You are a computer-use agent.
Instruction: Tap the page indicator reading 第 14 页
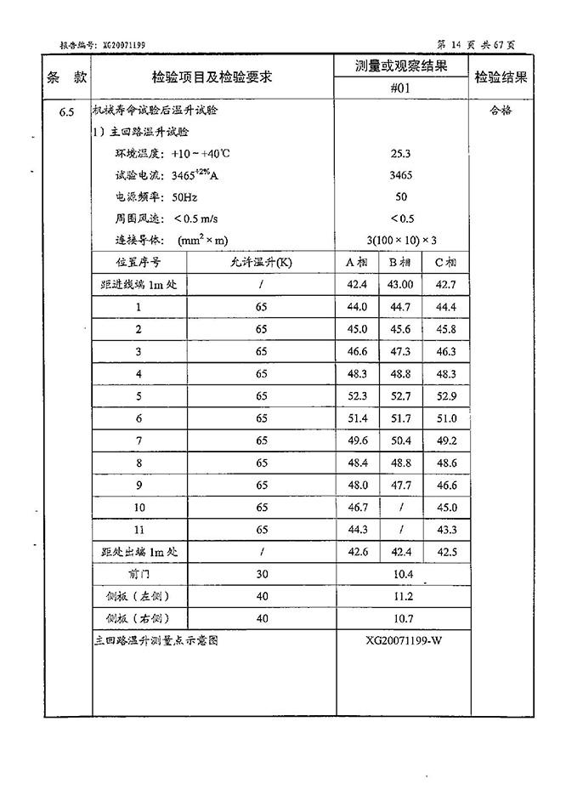tap(459, 44)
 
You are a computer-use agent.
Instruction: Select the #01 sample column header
tap(401, 88)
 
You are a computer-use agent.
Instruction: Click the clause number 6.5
tap(67, 111)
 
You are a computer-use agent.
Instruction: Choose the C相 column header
tap(446, 262)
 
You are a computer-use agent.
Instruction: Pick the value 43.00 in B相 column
tap(401, 284)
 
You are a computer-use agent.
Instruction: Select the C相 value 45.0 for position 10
tap(446, 508)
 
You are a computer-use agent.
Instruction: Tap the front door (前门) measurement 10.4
tap(401, 575)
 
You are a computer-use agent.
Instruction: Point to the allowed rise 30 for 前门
tap(261, 575)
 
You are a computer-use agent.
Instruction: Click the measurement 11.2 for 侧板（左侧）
tap(401, 597)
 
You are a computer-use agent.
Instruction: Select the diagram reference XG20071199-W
tap(401, 640)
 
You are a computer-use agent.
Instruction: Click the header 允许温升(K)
tap(261, 262)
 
